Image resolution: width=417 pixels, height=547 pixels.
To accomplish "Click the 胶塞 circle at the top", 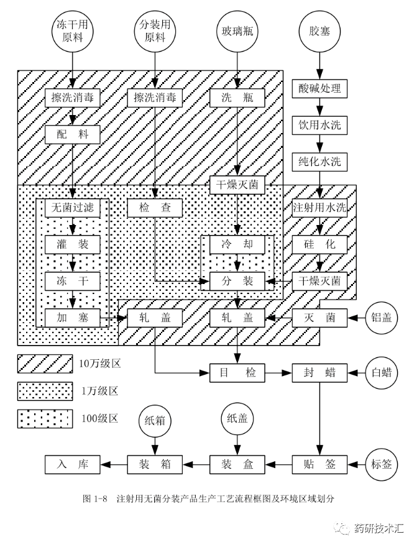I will pyautogui.click(x=318, y=30).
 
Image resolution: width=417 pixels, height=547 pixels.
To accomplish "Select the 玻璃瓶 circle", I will pyautogui.click(x=237, y=30).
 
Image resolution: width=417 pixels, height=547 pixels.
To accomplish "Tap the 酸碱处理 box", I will pyautogui.click(x=319, y=88).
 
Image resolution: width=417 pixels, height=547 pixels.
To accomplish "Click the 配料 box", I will pyautogui.click(x=72, y=134).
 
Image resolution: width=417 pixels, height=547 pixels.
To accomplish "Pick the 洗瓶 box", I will pyautogui.click(x=237, y=98).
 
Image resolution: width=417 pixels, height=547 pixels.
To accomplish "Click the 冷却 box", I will pyautogui.click(x=237, y=244).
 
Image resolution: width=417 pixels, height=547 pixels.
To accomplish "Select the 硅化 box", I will pyautogui.click(x=319, y=244).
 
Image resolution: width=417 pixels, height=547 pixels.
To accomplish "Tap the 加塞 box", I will pyautogui.click(x=72, y=318).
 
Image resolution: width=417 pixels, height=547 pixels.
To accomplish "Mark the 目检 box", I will pyautogui.click(x=237, y=373).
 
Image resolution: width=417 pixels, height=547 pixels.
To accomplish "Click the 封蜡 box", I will pyautogui.click(x=319, y=373).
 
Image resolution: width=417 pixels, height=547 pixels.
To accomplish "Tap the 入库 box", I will pyautogui.click(x=72, y=464).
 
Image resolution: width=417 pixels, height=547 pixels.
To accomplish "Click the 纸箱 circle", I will pyautogui.click(x=154, y=428).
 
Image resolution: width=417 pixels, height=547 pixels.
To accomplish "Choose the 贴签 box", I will pyautogui.click(x=319, y=464).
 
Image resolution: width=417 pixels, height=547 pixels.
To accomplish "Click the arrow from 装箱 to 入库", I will pyautogui.click(x=113, y=464).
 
